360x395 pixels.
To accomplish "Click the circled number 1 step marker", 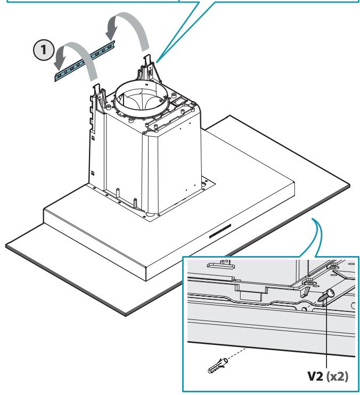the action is (44, 50).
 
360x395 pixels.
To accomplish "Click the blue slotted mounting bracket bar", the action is (85, 61).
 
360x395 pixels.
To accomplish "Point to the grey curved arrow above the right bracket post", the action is (128, 30).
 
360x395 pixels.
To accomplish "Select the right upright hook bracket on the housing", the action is (149, 69).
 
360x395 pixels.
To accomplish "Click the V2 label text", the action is (315, 376).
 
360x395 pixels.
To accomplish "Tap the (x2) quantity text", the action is (337, 376).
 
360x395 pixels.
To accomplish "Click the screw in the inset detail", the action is (327, 295).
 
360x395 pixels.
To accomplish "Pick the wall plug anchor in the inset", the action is (218, 366).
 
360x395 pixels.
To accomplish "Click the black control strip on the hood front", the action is (220, 231).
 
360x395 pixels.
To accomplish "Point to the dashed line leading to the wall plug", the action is (237, 353).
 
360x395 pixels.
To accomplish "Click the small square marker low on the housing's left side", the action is (93, 173).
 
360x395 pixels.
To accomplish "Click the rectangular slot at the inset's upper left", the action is (220, 265).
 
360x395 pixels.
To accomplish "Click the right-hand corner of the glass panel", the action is (350, 185).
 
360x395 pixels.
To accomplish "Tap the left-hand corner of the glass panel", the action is (6, 245).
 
